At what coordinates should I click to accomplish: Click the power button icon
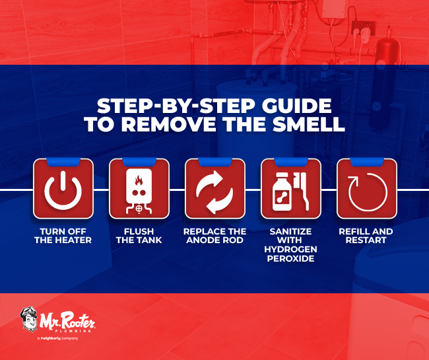63,189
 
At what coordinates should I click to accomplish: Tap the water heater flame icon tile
139,189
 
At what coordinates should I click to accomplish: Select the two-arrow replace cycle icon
214,189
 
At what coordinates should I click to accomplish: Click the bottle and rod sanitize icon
290,189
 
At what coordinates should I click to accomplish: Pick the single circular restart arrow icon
366,189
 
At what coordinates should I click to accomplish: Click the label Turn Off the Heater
63,236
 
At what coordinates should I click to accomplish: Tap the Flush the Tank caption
139,236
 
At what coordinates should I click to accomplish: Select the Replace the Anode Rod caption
214,236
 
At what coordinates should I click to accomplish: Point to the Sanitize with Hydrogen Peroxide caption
290,244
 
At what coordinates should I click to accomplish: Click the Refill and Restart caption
366,236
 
